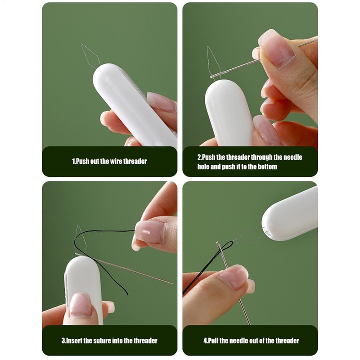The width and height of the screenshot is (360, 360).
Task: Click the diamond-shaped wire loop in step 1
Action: [x=89, y=56]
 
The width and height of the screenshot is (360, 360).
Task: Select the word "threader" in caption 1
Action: [x=135, y=161]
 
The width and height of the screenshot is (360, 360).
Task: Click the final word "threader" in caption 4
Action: [x=286, y=341]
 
